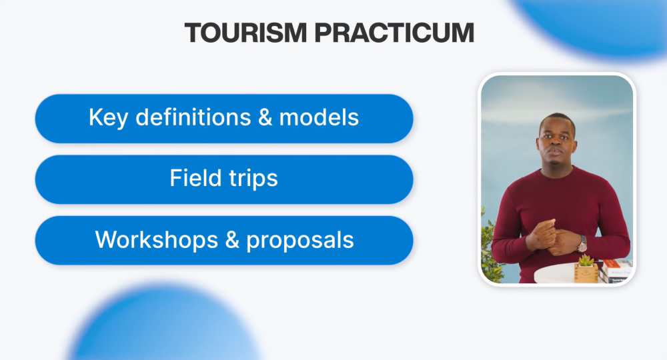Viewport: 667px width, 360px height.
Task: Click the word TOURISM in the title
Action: click(x=245, y=33)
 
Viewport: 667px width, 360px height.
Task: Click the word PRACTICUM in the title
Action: click(x=394, y=33)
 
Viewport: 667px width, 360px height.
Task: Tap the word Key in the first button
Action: click(x=108, y=118)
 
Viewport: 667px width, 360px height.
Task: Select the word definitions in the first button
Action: click(x=193, y=117)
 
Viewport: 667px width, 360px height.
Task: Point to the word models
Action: click(x=319, y=117)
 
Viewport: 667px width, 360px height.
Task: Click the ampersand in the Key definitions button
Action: click(x=265, y=117)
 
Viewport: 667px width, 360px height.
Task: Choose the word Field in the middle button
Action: click(x=195, y=177)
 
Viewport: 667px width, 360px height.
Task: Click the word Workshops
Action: click(x=156, y=239)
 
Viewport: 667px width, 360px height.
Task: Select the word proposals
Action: click(x=300, y=241)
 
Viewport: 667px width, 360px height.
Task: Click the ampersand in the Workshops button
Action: click(x=232, y=239)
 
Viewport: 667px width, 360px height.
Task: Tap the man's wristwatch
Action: click(x=582, y=244)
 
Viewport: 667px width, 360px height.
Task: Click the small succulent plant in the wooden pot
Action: click(x=586, y=260)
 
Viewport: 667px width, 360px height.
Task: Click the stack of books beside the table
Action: click(x=616, y=271)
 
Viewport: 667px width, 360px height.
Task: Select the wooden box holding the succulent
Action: click(x=586, y=273)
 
